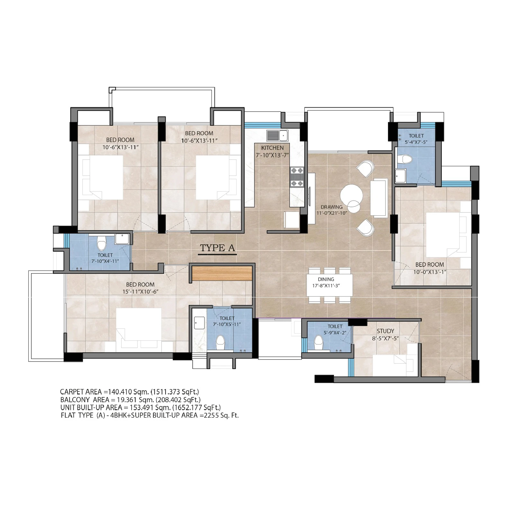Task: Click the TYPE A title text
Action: [x=218, y=248]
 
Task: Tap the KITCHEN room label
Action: [x=272, y=148]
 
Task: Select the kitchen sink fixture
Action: [x=277, y=135]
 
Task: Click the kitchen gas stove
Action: [x=297, y=177]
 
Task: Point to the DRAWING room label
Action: [x=331, y=207]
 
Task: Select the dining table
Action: [x=330, y=285]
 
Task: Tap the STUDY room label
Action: [x=385, y=331]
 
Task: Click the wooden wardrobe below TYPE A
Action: [x=222, y=273]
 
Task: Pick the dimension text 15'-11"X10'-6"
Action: [x=140, y=292]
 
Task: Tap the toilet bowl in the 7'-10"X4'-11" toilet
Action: [x=102, y=243]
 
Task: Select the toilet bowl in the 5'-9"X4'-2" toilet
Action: [x=318, y=343]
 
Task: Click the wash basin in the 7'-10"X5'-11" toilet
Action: [x=199, y=323]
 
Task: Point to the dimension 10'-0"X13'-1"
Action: [x=430, y=272]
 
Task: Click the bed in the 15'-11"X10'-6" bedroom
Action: [x=139, y=328]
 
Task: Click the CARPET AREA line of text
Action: [x=130, y=392]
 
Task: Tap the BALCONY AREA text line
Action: [x=131, y=400]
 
